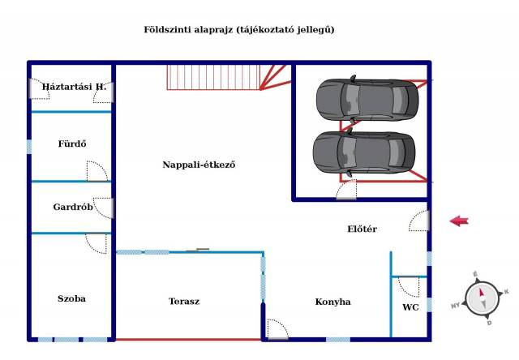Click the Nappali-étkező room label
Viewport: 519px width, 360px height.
pos(199,165)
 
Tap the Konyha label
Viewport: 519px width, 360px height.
pos(332,302)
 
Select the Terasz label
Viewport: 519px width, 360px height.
pos(184,301)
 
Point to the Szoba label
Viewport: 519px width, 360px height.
pos(71,298)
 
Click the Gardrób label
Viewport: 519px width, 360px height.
pos(73,207)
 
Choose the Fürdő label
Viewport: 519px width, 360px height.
pos(72,144)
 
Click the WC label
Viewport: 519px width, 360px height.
pos(410,307)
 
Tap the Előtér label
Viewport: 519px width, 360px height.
pos(362,229)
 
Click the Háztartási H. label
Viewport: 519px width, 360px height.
pos(74,87)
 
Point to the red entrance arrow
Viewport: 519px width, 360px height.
pos(459,221)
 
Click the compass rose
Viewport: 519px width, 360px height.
pos(482,299)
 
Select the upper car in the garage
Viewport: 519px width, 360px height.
pos(367,99)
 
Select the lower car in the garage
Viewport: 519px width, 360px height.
pos(364,152)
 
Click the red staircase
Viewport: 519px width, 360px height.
pos(229,77)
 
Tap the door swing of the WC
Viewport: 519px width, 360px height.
pos(409,286)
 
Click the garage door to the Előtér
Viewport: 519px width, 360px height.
pos(346,190)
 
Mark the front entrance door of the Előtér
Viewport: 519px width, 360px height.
pos(419,221)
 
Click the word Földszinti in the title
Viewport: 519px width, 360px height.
pos(168,29)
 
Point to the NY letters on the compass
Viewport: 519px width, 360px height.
pos(456,306)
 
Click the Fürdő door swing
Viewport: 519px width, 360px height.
pos(97,171)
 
